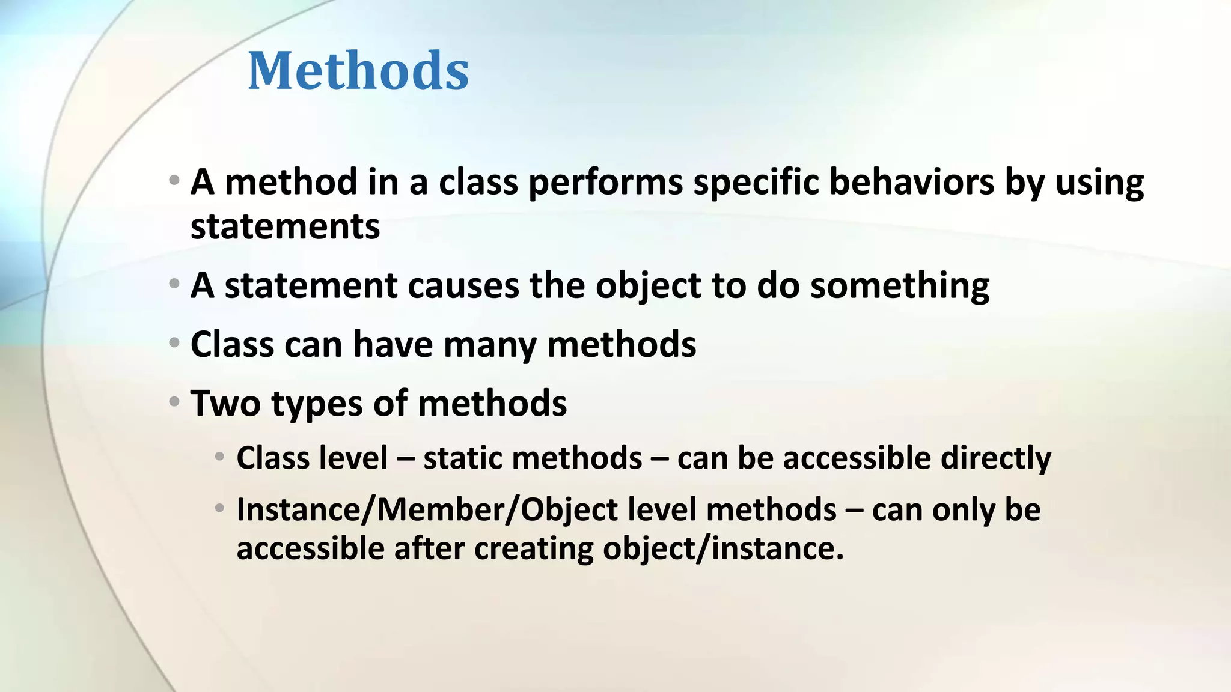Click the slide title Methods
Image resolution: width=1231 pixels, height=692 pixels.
(358, 71)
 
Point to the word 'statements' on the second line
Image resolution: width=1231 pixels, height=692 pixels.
(285, 227)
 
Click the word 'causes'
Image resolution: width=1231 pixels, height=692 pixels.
(463, 285)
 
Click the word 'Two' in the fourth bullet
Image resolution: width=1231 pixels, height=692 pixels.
(225, 403)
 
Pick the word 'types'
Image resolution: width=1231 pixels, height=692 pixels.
(317, 404)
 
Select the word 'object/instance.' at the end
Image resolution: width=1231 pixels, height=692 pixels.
(723, 548)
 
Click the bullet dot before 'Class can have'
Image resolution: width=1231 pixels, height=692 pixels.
(174, 343)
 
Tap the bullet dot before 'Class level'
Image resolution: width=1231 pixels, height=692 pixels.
(220, 457)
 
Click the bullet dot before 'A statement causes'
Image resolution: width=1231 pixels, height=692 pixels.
(174, 284)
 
